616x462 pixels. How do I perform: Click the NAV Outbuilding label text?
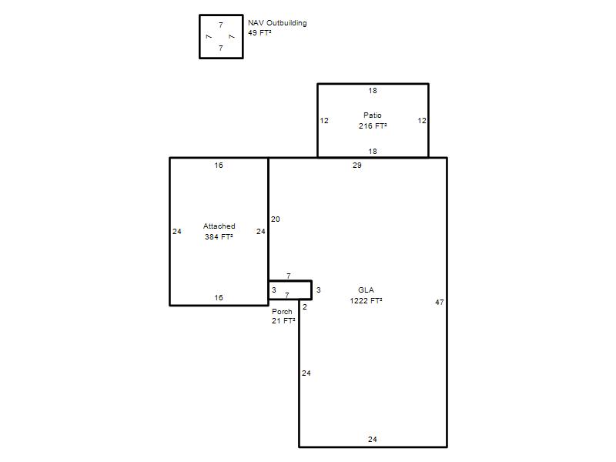pos(277,23)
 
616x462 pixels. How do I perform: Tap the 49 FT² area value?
pos(259,32)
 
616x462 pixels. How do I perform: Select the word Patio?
pos(373,115)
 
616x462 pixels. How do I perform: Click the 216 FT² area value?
pos(373,126)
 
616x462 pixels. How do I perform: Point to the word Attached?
pos(219,226)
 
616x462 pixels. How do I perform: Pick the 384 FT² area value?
pos(219,236)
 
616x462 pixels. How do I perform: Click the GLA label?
pos(366,290)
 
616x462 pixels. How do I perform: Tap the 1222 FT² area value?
pos(366,300)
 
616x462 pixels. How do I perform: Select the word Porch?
pos(282,311)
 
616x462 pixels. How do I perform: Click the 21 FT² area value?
pos(283,320)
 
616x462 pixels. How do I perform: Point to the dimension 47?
pos(440,302)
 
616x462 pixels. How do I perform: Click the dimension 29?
pos(357,166)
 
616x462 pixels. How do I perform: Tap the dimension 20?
pos(276,219)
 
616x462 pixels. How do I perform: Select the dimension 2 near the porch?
pos(305,307)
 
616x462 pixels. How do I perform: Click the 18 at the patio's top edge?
pos(373,91)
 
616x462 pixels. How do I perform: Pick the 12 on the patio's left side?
pos(324,121)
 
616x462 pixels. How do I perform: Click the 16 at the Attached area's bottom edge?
pos(219,298)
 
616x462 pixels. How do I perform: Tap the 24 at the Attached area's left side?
pos(177,232)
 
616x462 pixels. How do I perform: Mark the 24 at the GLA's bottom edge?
pos(373,439)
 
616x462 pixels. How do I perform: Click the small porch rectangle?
pos(290,281)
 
